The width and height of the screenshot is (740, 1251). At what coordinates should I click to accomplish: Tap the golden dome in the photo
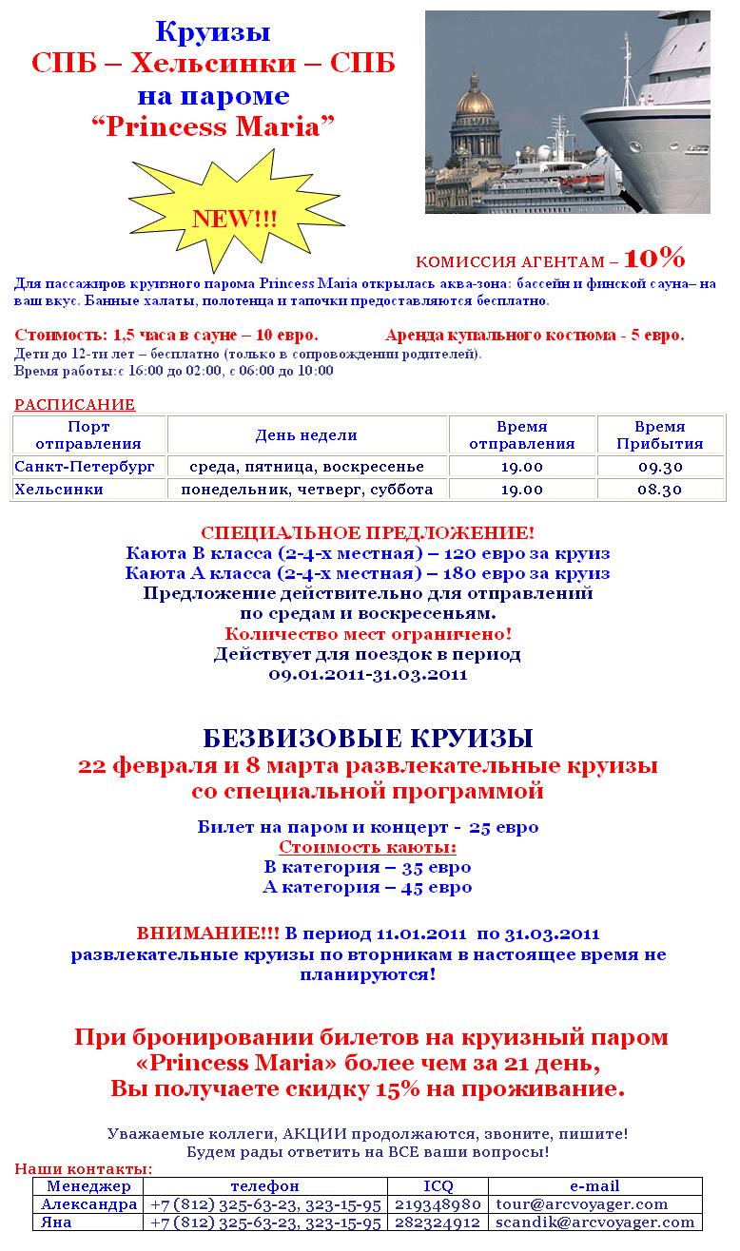(475, 96)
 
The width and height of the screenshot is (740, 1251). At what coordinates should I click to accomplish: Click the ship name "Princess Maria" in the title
(213, 127)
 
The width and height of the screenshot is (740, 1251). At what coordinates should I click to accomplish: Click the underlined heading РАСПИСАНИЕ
(74, 404)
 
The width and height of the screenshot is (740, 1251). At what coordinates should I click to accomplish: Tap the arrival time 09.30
(660, 467)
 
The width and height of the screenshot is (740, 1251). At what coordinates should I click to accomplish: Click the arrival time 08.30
(660, 490)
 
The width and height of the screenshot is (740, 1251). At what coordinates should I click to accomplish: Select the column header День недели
(306, 435)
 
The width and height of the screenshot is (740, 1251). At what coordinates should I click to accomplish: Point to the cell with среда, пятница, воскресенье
(306, 467)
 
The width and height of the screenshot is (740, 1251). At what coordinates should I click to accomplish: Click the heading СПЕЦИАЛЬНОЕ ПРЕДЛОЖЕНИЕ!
(368, 533)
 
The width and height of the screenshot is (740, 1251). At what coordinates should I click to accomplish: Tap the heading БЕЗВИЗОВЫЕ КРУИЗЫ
(368, 739)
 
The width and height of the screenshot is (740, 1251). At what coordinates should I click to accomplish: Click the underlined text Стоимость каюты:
(368, 847)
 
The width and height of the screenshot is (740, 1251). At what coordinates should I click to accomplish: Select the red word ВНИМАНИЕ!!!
(208, 933)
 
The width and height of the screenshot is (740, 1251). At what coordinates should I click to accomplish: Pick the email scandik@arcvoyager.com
(595, 1222)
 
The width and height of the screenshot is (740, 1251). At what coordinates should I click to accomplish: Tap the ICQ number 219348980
(438, 1204)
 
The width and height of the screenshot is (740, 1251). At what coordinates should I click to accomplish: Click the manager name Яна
(57, 1222)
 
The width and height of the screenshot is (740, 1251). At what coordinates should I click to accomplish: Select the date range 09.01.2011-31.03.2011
(368, 675)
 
